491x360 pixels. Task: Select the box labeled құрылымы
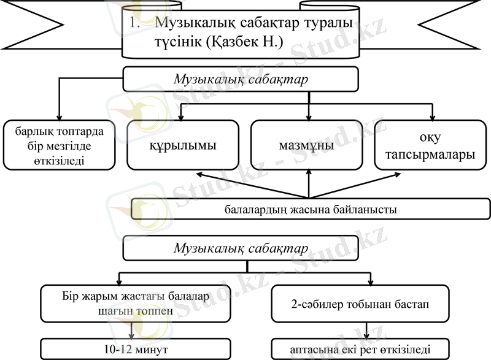coord(182,146)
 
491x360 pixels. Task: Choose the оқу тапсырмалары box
coord(433,146)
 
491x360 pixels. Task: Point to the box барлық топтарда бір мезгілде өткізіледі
coord(60,146)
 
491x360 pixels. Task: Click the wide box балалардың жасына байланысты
coord(310,209)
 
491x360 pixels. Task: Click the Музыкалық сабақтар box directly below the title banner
coord(241,80)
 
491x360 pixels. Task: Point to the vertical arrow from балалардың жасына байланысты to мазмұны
coord(308,184)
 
